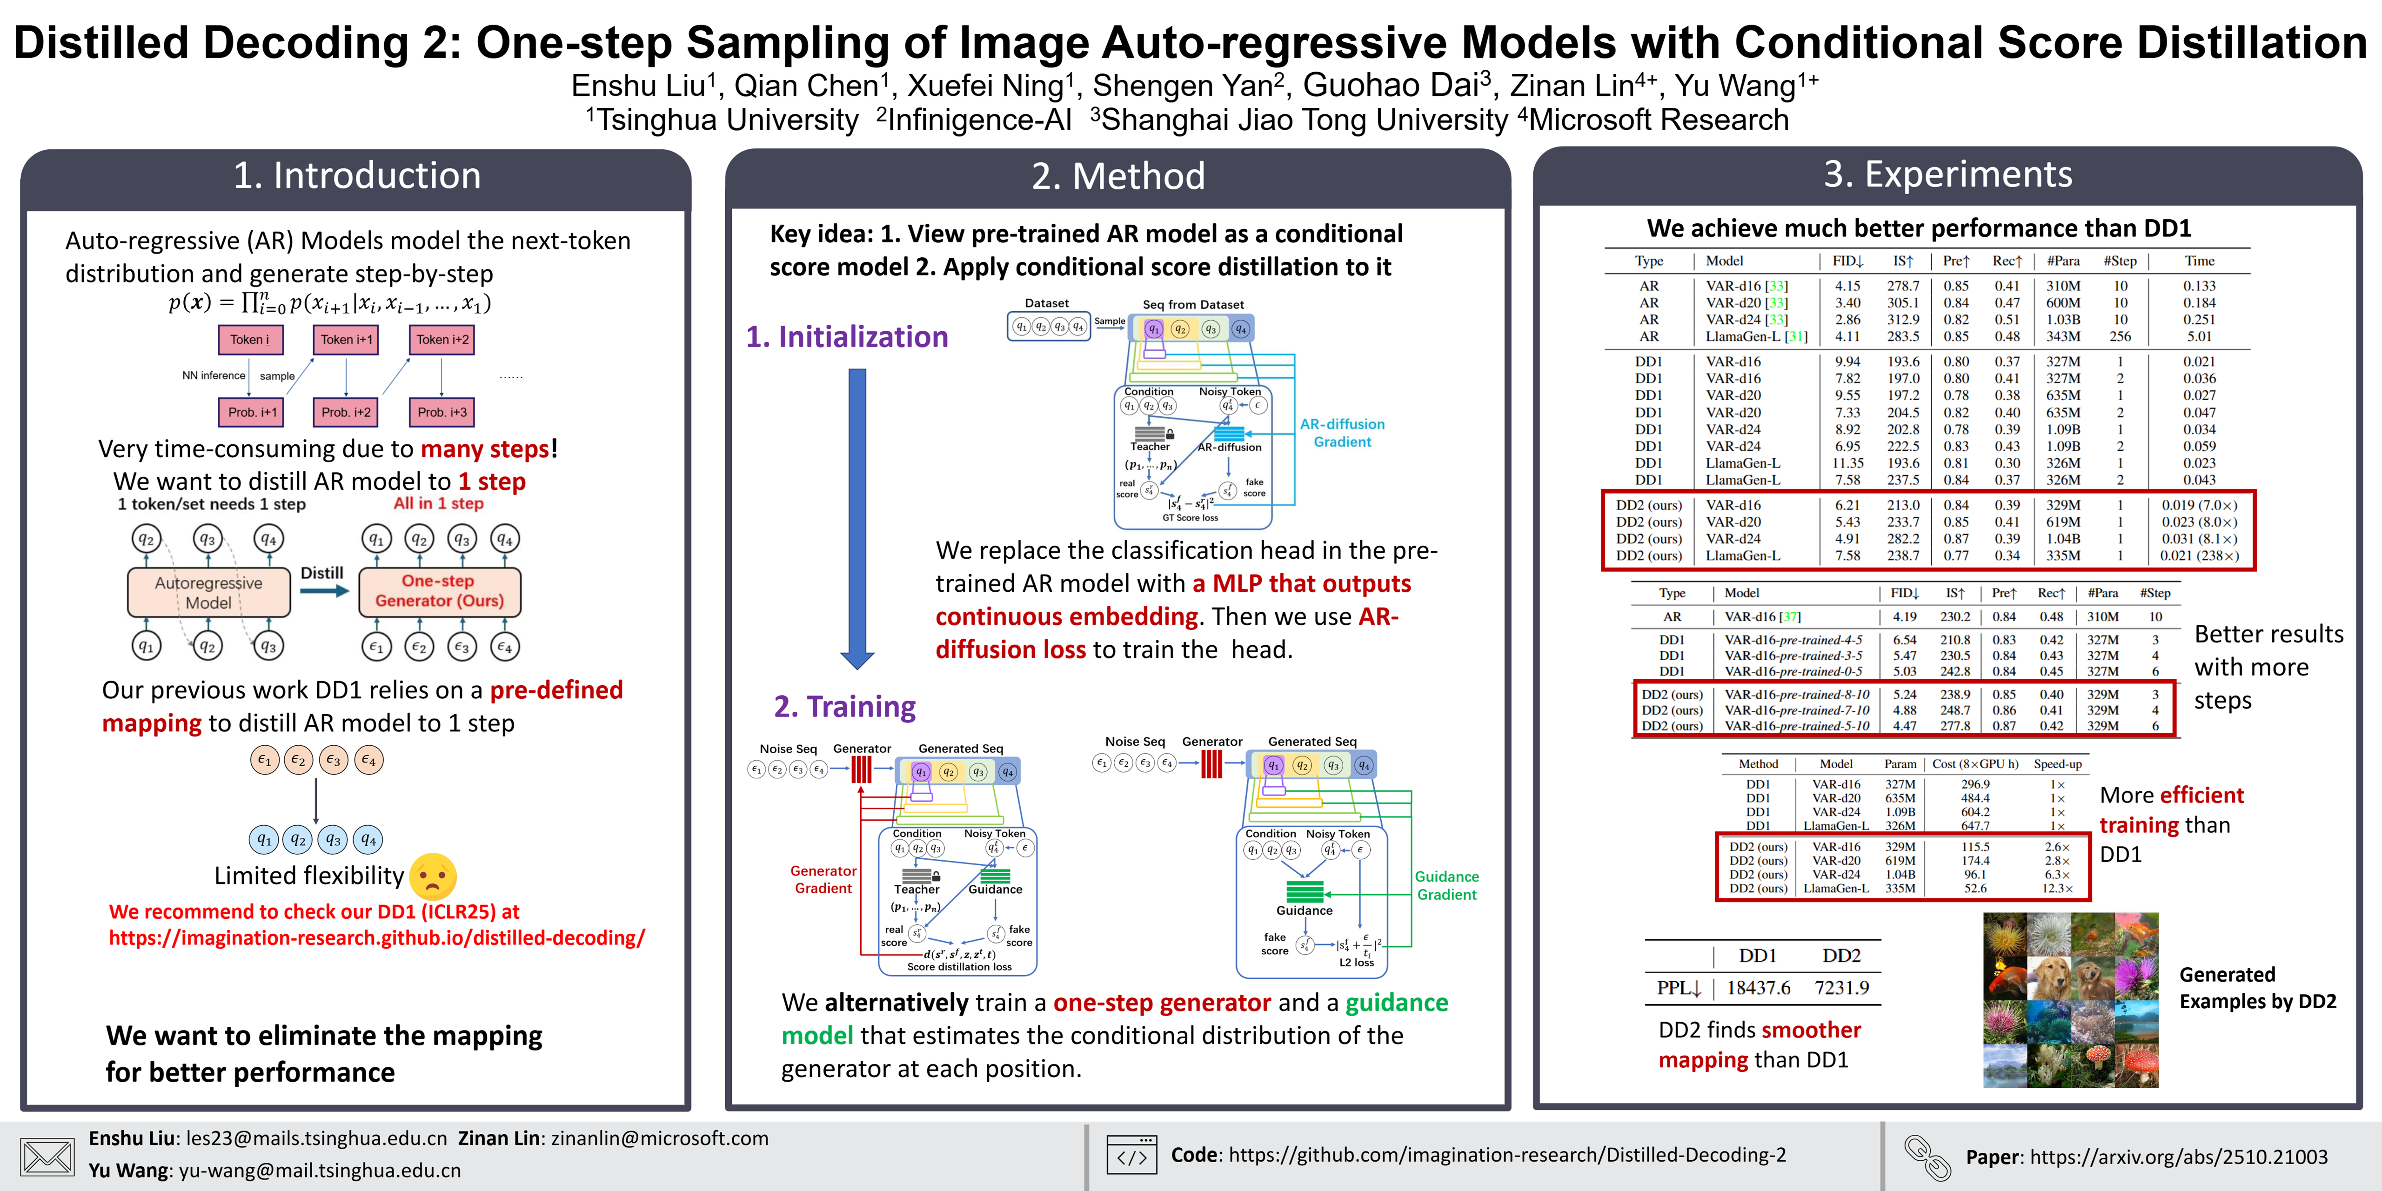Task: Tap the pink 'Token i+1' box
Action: [346, 339]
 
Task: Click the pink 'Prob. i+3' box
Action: [442, 411]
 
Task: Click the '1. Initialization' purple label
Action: [847, 336]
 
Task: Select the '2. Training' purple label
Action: [844, 707]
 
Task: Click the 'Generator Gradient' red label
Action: [823, 879]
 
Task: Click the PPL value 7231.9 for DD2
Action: [1841, 988]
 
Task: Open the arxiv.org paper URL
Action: [2179, 1157]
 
